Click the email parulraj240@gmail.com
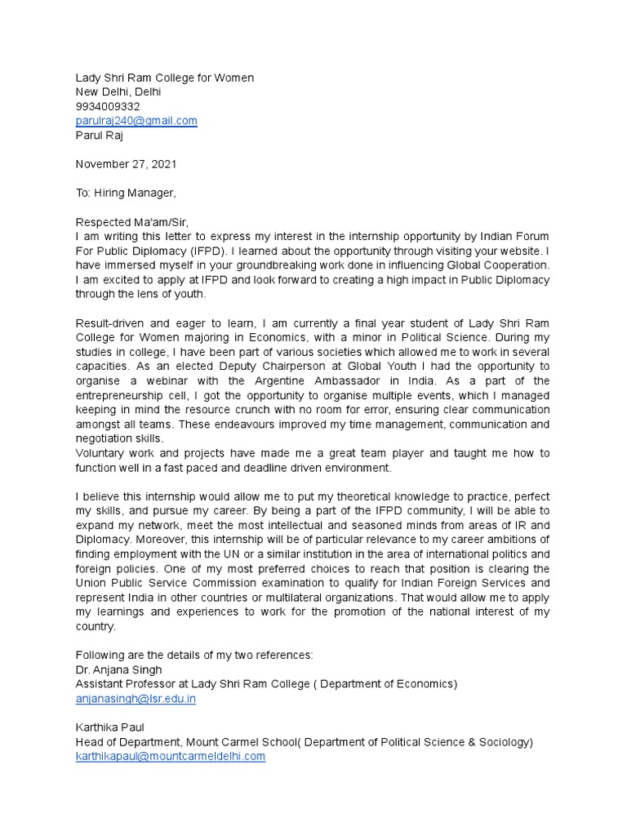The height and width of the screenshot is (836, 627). (x=136, y=121)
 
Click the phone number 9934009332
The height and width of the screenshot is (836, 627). (x=108, y=106)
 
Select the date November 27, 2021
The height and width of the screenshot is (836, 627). (x=127, y=164)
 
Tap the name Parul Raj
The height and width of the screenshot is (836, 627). (x=100, y=136)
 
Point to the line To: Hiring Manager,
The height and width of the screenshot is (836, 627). (x=126, y=193)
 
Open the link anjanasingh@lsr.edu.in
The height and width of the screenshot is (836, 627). (x=136, y=699)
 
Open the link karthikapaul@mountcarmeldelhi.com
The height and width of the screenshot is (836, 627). (x=171, y=756)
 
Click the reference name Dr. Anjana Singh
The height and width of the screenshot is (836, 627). (x=118, y=669)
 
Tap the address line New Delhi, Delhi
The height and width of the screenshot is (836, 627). (x=118, y=92)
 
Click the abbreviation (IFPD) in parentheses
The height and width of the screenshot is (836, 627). (x=212, y=251)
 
